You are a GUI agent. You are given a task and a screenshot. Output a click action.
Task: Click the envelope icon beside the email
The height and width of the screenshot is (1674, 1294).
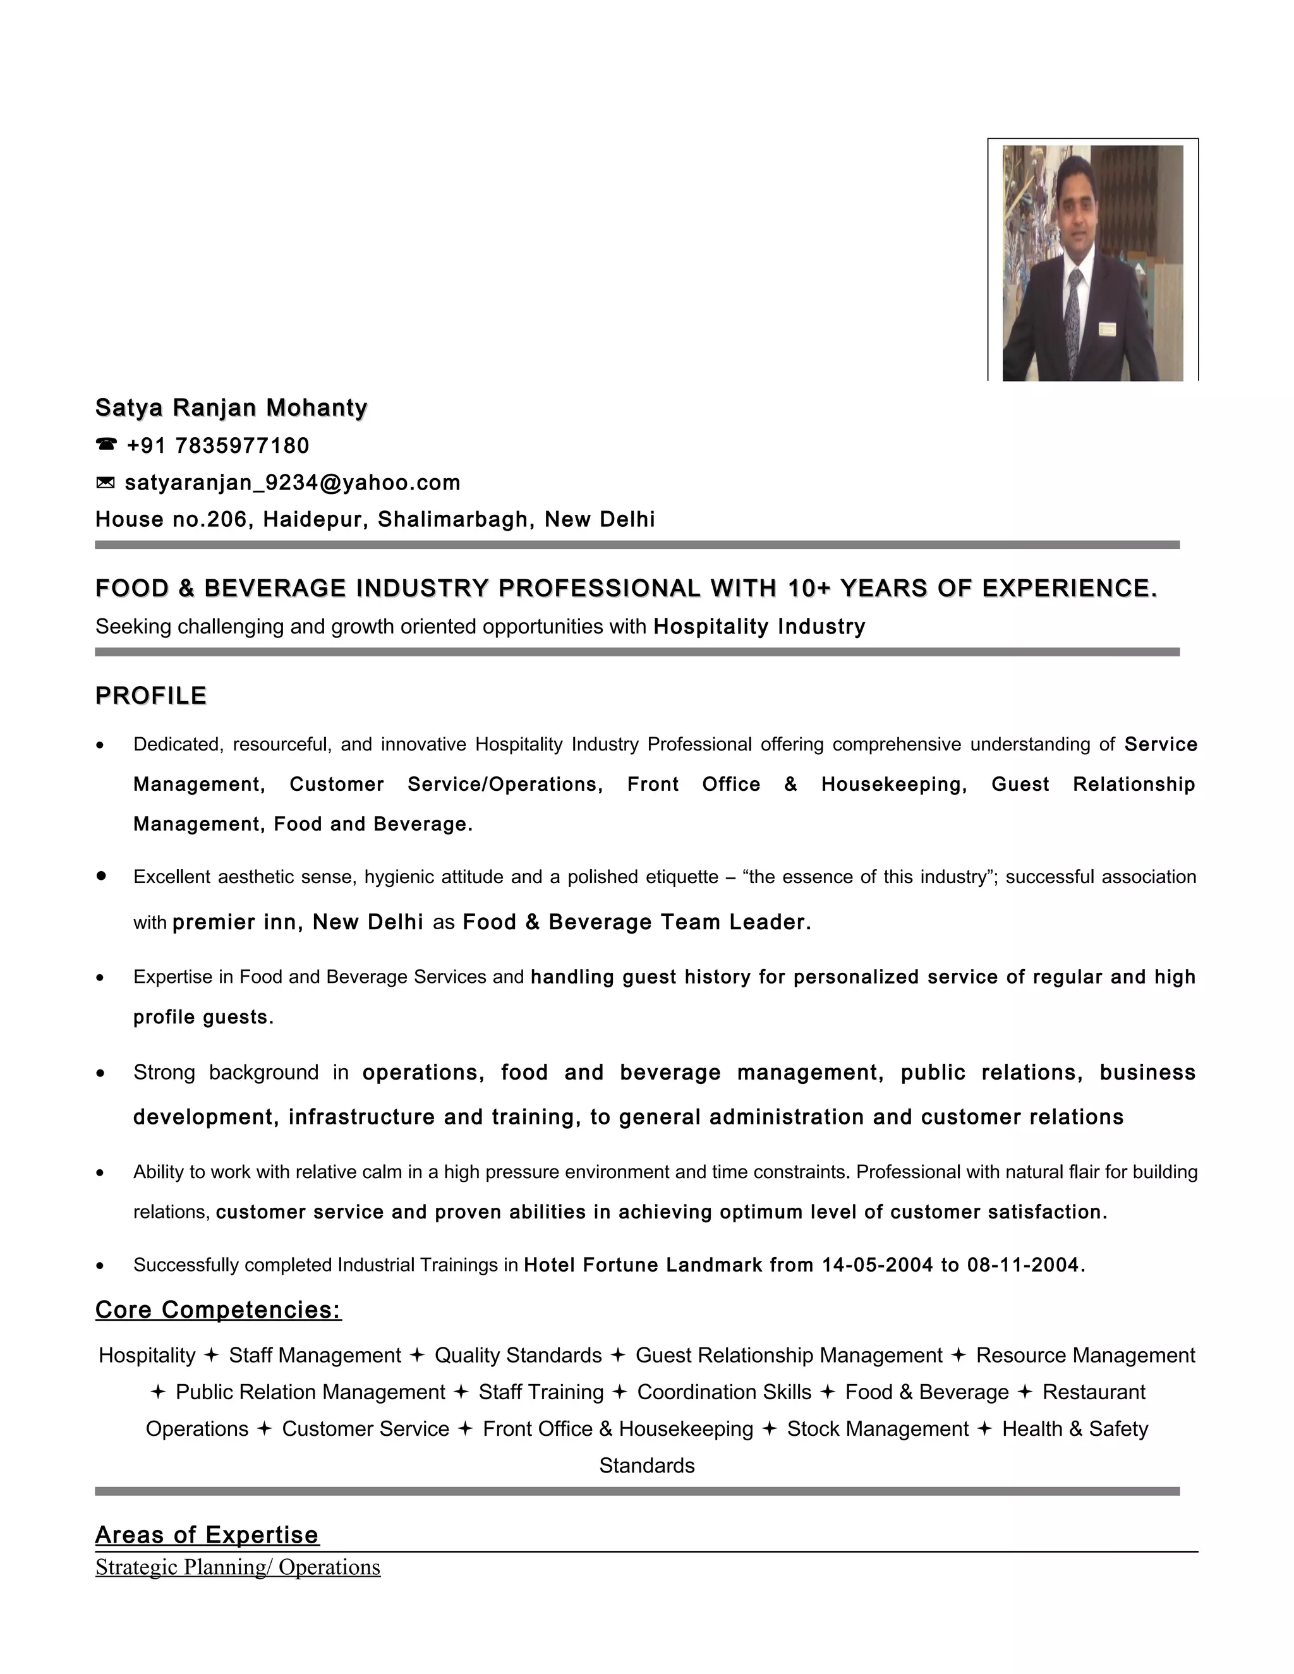105,482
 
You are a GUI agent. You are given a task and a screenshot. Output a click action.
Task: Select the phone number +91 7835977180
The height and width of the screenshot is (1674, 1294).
218,445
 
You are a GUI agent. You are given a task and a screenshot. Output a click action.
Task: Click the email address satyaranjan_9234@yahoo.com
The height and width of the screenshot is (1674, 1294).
292,482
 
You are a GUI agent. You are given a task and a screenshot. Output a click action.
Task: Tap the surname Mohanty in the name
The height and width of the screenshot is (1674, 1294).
317,408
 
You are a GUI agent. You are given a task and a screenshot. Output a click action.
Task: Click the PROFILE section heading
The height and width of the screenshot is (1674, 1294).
151,695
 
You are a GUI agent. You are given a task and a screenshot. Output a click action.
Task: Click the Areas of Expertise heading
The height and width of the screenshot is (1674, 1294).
207,1535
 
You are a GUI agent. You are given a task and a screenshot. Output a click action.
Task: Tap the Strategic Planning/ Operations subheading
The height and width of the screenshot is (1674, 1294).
238,1567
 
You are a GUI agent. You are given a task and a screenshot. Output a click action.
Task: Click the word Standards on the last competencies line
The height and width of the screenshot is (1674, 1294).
647,1466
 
